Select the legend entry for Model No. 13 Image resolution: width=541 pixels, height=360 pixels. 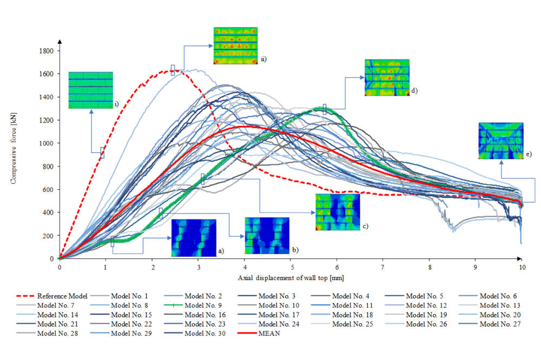(498, 305)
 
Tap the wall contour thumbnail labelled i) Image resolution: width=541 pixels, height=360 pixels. (90, 90)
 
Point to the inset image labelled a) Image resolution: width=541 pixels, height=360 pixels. (194, 238)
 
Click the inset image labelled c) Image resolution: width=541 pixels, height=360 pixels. (338, 212)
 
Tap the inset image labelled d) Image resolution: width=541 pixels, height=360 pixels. (387, 78)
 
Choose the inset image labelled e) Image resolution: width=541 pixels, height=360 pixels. (500, 141)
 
